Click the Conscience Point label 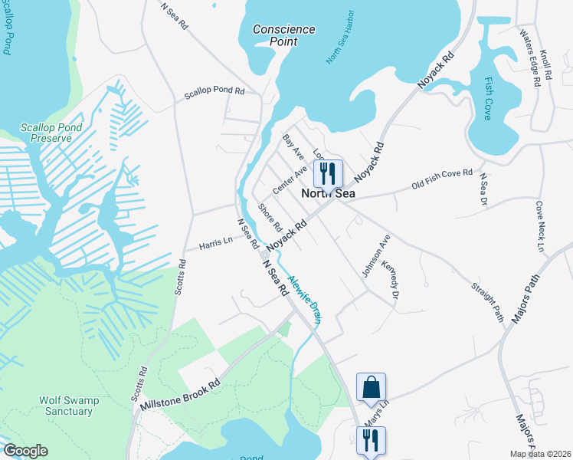[x=284, y=35]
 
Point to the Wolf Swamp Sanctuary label [x=66, y=406]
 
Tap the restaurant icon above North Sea [x=328, y=173]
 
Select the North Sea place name [x=328, y=195]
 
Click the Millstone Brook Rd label [x=178, y=398]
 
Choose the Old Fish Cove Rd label [x=442, y=179]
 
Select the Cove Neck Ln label [x=539, y=228]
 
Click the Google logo [x=25, y=451]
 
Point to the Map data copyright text [x=539, y=454]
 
